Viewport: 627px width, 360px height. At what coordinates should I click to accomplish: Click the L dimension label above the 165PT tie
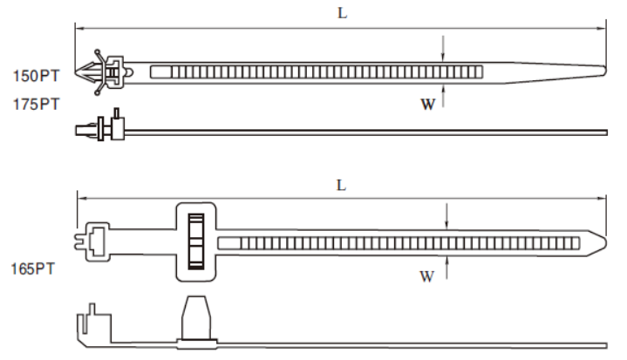[x=342, y=185]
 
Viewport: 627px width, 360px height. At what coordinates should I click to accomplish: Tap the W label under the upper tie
[x=428, y=105]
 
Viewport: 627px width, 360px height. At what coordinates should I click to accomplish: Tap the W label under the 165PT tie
[x=426, y=277]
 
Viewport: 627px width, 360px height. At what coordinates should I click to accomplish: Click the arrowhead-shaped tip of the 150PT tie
[x=88, y=69]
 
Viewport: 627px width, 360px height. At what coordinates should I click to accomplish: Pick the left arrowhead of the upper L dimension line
[x=81, y=29]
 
